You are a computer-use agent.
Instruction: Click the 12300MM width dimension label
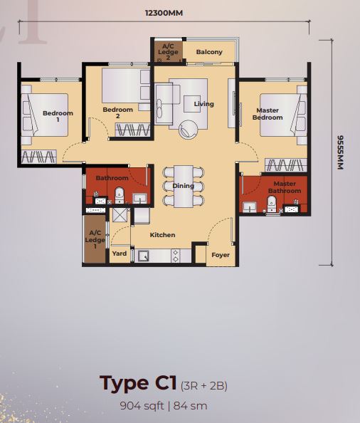pyautogui.click(x=164, y=13)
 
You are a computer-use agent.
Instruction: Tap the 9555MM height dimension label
pyautogui.click(x=341, y=152)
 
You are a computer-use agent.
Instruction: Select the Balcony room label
pyautogui.click(x=209, y=52)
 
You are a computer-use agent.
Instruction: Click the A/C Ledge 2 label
pyautogui.click(x=168, y=52)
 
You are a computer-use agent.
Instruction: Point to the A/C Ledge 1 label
pyautogui.click(x=95, y=239)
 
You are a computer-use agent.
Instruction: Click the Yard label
pyautogui.click(x=120, y=254)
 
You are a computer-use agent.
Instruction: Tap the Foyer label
pyautogui.click(x=221, y=255)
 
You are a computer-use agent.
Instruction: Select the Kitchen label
pyautogui.click(x=162, y=235)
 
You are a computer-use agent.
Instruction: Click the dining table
pyautogui.click(x=184, y=186)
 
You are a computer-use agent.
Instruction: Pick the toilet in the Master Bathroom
pyautogui.click(x=272, y=204)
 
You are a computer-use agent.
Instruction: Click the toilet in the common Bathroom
pyautogui.click(x=120, y=195)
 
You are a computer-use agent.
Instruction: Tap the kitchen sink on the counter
pyautogui.click(x=143, y=256)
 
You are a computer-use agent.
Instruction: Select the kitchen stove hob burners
pyautogui.click(x=176, y=256)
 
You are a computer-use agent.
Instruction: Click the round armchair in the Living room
pyautogui.click(x=188, y=130)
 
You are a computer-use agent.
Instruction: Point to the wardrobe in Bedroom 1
pyautogui.click(x=39, y=157)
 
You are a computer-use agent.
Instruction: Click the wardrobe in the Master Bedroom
pyautogui.click(x=286, y=164)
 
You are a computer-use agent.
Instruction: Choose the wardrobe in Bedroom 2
pyautogui.click(x=133, y=130)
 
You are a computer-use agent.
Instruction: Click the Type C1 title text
pyautogui.click(x=138, y=383)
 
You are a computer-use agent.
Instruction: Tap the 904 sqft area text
pyautogui.click(x=142, y=405)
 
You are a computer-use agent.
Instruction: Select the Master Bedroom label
pyautogui.click(x=268, y=114)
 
